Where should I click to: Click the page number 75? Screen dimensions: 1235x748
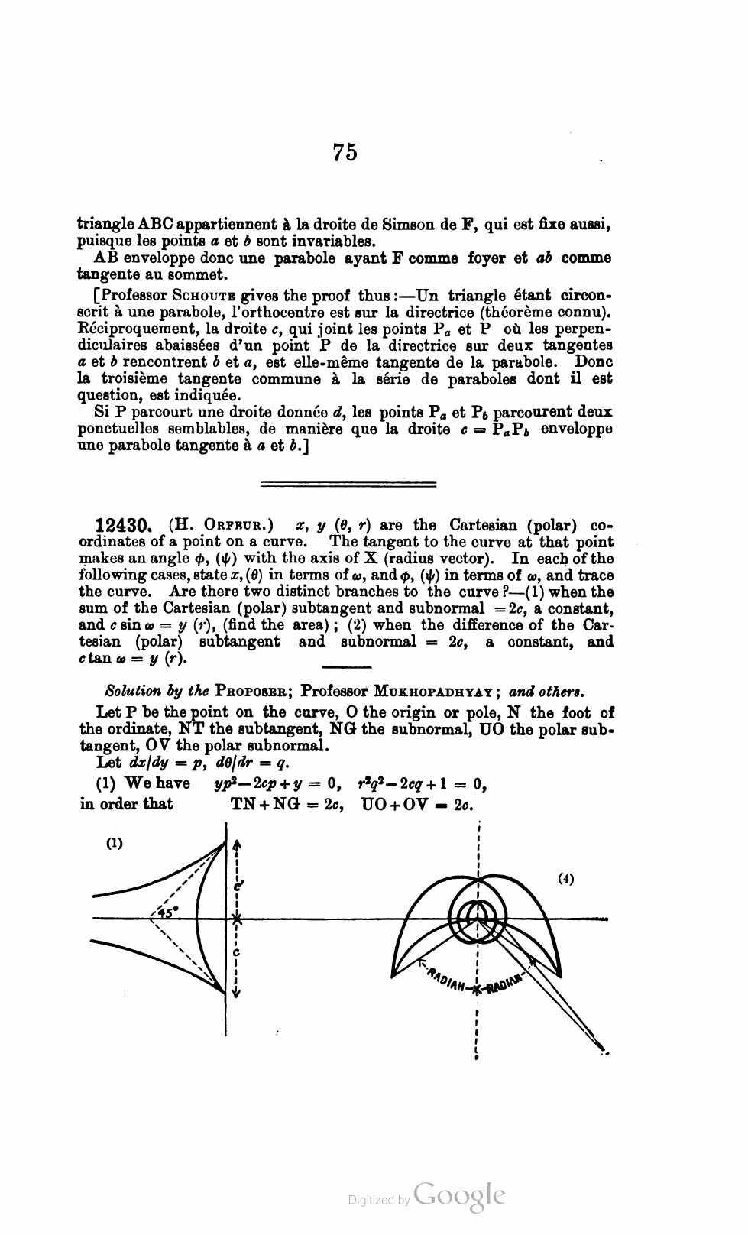[345, 152]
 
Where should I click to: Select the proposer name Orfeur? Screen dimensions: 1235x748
[234, 526]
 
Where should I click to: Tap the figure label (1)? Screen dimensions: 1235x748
[115, 844]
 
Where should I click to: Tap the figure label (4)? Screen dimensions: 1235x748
[565, 879]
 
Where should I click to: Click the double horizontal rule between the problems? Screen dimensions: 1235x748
[348, 484]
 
